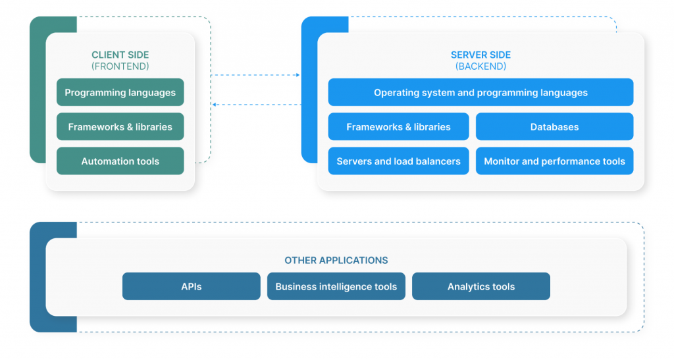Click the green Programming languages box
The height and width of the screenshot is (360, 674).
point(120,92)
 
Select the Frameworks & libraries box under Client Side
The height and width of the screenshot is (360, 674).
point(120,127)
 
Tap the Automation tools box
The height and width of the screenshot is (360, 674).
point(120,161)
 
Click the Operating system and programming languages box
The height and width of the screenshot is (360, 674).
point(480,92)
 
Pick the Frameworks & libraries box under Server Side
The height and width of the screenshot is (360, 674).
point(398,127)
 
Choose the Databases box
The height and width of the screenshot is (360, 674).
point(554,127)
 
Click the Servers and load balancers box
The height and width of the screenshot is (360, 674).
point(398,161)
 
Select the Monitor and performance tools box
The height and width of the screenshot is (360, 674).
point(554,161)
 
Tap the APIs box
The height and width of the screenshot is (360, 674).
point(192,286)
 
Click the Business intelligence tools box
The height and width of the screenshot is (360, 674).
point(336,286)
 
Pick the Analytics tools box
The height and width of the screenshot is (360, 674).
point(481,286)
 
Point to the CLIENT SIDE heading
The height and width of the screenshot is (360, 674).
point(120,55)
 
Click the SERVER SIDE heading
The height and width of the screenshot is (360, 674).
point(480,55)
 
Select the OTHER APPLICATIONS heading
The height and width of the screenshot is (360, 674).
point(336,261)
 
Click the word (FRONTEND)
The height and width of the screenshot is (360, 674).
point(120,66)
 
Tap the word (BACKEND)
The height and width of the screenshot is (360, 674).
point(480,66)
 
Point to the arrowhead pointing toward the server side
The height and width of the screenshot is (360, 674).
point(298,75)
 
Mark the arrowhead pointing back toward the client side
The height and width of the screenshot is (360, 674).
point(214,105)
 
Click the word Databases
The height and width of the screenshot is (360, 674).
point(554,127)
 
